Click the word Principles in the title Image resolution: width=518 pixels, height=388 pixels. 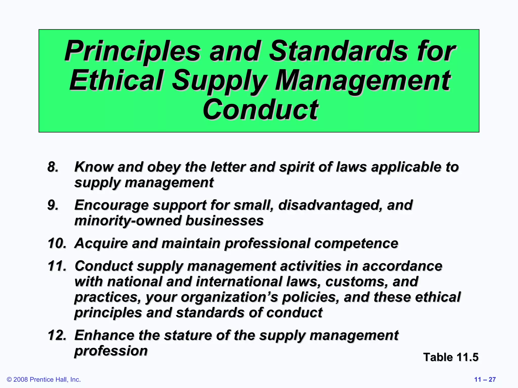tap(132, 51)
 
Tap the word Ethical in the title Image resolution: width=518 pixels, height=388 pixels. tap(116, 80)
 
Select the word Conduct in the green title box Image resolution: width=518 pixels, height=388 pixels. tap(260, 110)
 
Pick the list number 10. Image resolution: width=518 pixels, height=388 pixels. tap(57, 243)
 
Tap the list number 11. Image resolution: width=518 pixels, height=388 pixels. tap(57, 266)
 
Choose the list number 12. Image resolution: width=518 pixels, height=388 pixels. tap(57, 335)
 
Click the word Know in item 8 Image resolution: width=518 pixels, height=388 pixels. tap(94, 167)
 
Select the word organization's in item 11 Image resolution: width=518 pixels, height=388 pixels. tap(229, 297)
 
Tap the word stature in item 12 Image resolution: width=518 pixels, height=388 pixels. tap(187, 335)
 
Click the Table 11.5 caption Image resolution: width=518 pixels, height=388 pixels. tap(451, 357)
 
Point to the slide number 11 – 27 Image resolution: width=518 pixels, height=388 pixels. tap(485, 379)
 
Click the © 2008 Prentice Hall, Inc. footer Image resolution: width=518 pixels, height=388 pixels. tap(44, 379)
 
